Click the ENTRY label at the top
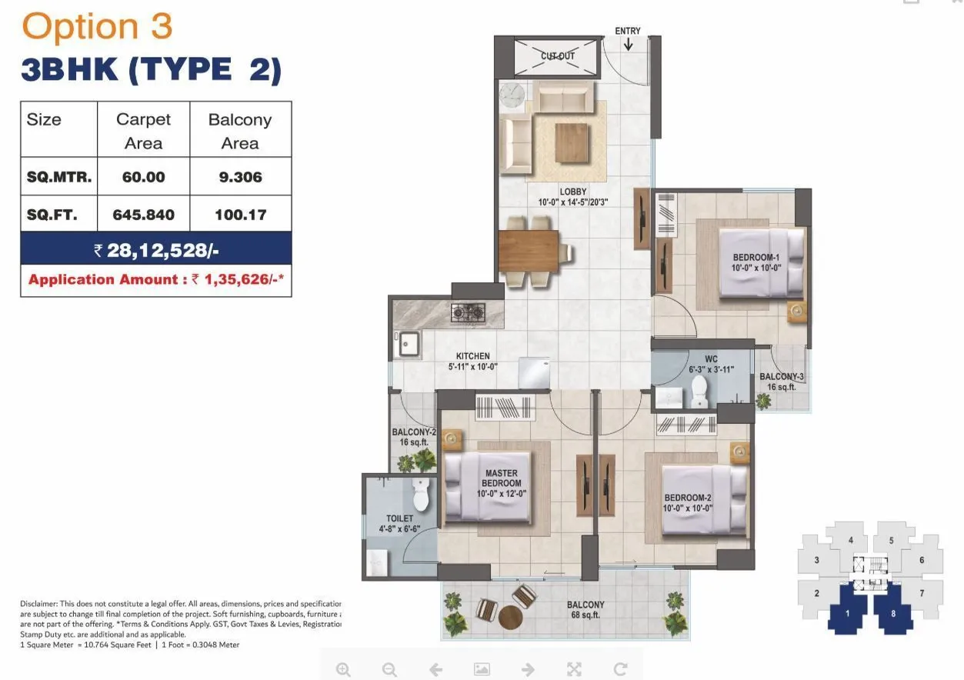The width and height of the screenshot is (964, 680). coord(627,31)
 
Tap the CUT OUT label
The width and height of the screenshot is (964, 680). coord(558,56)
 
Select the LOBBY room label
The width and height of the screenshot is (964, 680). coord(573,192)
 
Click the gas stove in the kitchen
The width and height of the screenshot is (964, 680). coord(469,312)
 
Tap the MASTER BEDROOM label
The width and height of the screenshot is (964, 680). coord(502,478)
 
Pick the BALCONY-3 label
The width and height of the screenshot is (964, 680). coord(782,377)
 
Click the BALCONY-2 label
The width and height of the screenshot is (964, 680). coord(414,433)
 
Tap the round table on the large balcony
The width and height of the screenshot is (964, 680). coord(510,617)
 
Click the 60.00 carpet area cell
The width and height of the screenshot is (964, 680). coord(143,177)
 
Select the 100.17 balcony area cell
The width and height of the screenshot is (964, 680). coord(240,215)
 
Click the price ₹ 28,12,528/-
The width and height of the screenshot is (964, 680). coord(156,250)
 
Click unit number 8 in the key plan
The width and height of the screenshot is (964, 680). coord(893,614)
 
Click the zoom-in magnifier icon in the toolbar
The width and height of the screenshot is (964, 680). coord(343,669)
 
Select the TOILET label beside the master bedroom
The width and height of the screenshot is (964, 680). coord(400,519)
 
